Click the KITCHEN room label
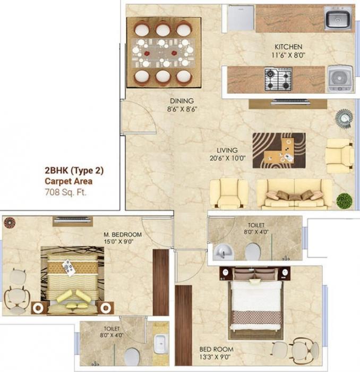click(288, 47)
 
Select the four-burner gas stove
click(278, 79)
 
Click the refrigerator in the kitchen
click(241, 18)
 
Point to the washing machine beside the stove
click(338, 79)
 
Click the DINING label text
click(182, 100)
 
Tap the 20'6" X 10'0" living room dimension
click(227, 158)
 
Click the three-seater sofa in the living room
click(294, 194)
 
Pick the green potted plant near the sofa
click(344, 201)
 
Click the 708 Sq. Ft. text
click(65, 191)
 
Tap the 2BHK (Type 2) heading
click(74, 171)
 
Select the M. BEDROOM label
click(123, 234)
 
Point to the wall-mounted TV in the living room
click(290, 102)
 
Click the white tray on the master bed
click(69, 267)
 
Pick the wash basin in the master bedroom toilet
click(160, 344)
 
